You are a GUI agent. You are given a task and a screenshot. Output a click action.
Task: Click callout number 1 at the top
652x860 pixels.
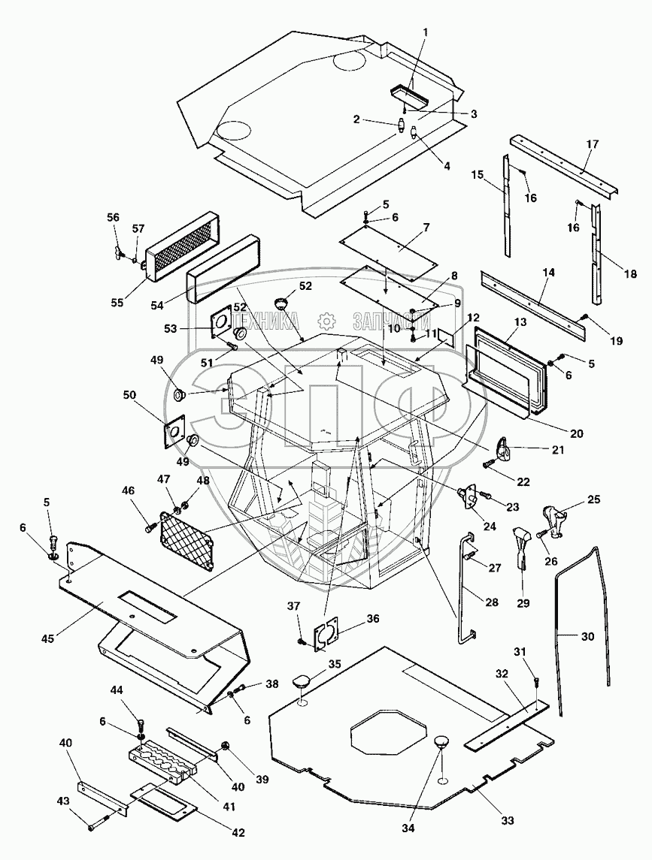click(x=425, y=32)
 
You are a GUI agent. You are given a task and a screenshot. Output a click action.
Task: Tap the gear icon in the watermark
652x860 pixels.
click(x=326, y=320)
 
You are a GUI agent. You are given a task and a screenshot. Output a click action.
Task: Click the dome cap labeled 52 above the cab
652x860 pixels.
click(x=283, y=302)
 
